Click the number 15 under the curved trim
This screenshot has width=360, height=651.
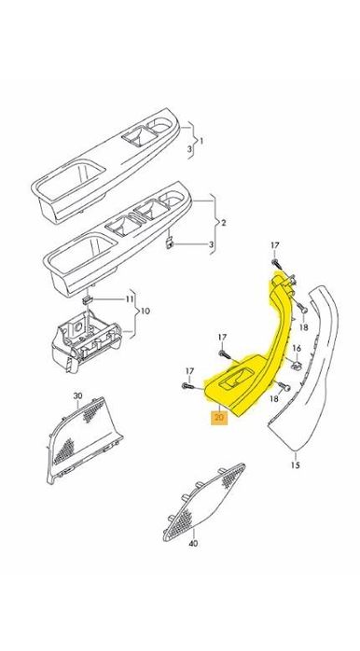tap(295, 464)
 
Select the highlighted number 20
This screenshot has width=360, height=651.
tap(218, 418)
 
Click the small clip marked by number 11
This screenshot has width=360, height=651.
tap(87, 301)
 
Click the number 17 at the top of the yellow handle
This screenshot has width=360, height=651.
tap(275, 244)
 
